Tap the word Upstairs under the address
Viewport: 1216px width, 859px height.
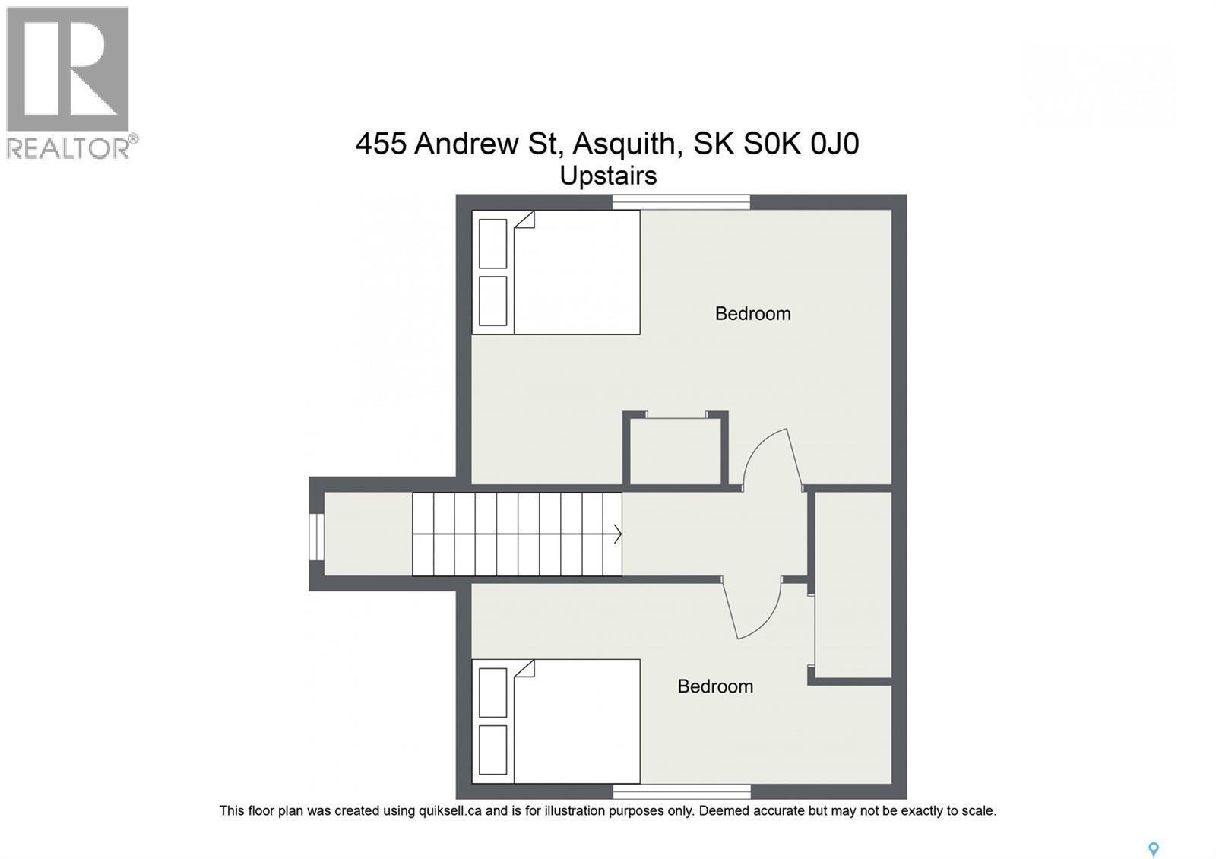tap(608, 176)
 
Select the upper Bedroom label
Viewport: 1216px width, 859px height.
tap(752, 313)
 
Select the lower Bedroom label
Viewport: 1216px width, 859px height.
tap(715, 686)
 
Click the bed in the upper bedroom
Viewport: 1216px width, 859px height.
tap(556, 272)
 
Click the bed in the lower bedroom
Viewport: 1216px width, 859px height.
tap(556, 721)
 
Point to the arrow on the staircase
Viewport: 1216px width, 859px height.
tap(616, 534)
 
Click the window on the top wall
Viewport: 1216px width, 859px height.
tap(681, 201)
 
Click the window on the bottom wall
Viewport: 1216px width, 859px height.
tap(681, 791)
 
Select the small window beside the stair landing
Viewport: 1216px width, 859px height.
tap(316, 537)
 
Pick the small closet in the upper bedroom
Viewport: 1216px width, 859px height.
tap(676, 450)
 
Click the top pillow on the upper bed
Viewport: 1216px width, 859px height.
tap(493, 243)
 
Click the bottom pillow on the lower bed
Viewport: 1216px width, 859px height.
tap(493, 750)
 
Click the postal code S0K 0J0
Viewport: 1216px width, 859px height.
tap(801, 144)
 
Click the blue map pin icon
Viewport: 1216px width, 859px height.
tap(1153, 849)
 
